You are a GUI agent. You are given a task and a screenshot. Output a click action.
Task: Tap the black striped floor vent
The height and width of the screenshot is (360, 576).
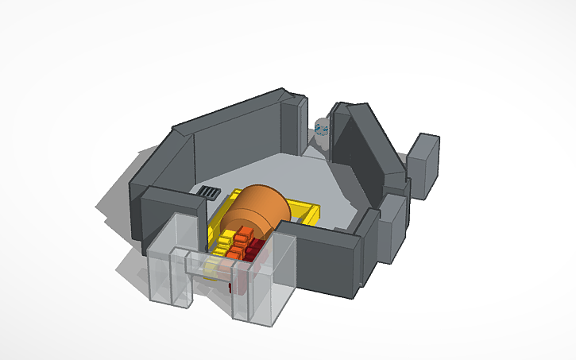210,192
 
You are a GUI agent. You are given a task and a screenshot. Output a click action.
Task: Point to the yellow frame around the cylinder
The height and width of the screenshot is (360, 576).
307,212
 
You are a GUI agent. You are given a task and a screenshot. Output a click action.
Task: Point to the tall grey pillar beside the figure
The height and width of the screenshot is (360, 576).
293,127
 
